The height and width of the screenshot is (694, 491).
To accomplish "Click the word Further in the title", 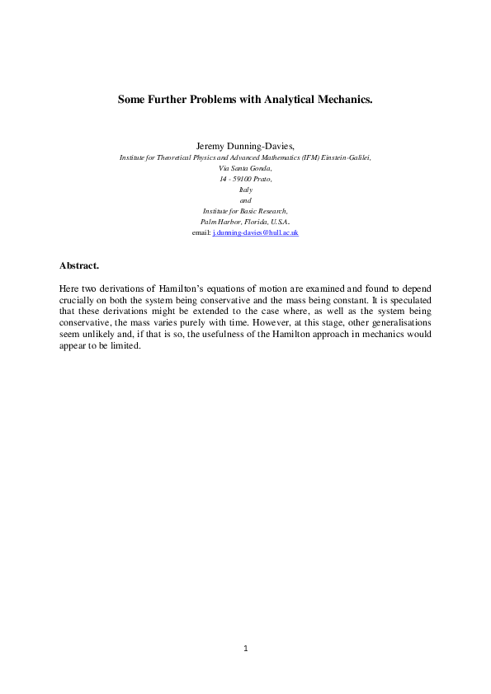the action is pos(170,100).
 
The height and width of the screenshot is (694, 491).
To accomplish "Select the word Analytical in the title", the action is pos(290,100).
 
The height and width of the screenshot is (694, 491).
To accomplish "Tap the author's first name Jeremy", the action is pos(212,145).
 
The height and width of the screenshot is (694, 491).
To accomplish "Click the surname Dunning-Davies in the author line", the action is pos(262,145).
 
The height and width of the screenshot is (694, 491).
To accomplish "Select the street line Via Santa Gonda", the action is pos(245,167).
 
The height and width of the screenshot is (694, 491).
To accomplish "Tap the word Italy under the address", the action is pos(245,190).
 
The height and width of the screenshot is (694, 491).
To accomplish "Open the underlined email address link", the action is pos(256,233).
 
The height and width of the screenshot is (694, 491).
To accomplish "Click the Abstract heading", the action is pos(79,265).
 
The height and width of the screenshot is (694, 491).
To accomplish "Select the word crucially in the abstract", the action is pos(75,302).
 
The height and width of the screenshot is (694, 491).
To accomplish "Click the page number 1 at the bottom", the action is pos(246,649).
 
